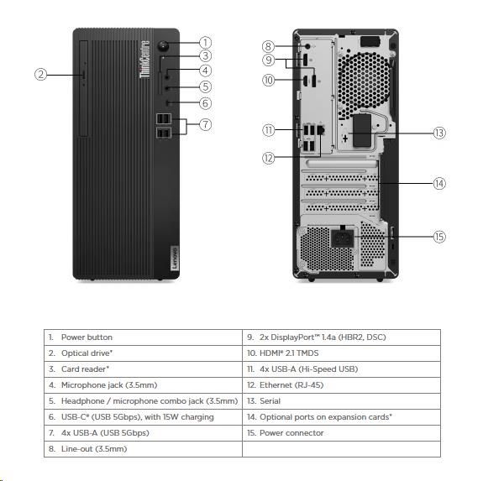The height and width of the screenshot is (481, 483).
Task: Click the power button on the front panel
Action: click(163, 46)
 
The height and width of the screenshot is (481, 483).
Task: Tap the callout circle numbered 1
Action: click(206, 43)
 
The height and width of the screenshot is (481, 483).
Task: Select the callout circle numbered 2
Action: click(40, 75)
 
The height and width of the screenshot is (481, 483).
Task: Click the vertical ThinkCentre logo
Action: click(144, 59)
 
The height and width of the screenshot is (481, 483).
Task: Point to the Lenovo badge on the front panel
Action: click(175, 259)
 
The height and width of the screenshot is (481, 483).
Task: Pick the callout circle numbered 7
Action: click(206, 124)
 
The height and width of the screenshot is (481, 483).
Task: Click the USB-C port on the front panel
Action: click(169, 102)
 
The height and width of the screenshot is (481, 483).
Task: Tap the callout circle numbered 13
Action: click(439, 133)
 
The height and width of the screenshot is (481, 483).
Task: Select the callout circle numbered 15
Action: click(439, 237)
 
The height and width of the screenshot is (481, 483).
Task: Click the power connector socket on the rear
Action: click(342, 238)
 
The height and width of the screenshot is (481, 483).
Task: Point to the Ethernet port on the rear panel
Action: click(321, 129)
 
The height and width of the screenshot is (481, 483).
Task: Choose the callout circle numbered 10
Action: click(268, 81)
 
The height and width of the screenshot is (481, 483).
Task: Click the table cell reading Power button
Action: click(144, 337)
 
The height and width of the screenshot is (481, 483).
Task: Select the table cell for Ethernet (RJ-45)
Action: click(341, 385)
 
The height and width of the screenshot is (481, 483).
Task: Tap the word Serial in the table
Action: click(270, 401)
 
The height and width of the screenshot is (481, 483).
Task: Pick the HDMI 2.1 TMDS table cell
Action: click(341, 353)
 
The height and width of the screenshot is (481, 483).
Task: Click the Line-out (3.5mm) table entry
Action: click(144, 449)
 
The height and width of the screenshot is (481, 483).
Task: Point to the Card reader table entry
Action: click(144, 369)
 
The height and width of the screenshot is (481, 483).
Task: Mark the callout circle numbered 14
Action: click(439, 183)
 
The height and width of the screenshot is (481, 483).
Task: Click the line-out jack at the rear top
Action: click(307, 46)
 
